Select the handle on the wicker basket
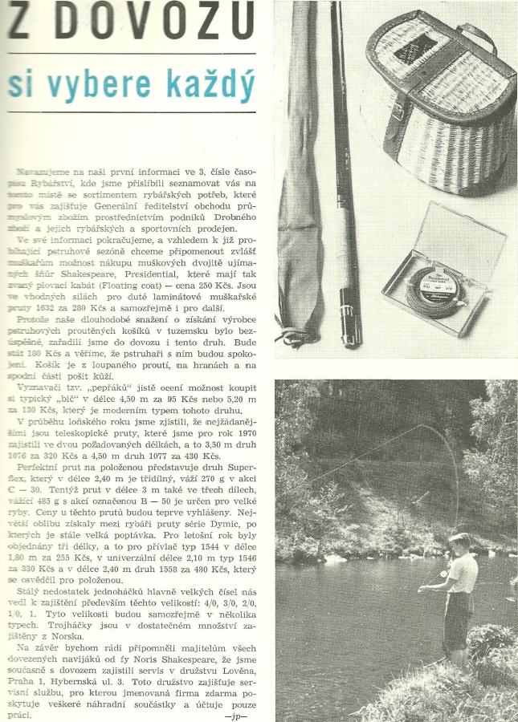point(475,36)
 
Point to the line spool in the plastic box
point(438,289)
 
